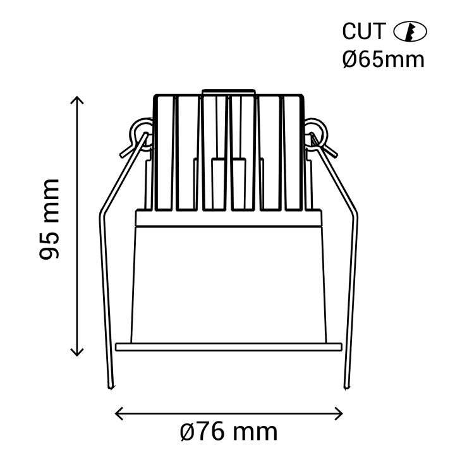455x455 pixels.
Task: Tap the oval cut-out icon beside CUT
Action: coord(409,32)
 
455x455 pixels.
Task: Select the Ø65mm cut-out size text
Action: coord(384,60)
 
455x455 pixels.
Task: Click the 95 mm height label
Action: coord(49,219)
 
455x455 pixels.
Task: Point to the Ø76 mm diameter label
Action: coord(229,433)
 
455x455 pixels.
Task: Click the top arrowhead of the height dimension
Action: coord(77,100)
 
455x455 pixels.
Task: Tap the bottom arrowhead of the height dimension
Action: coord(77,352)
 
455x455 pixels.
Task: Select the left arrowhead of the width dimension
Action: coord(119,413)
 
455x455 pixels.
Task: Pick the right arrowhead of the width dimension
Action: coord(339,413)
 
